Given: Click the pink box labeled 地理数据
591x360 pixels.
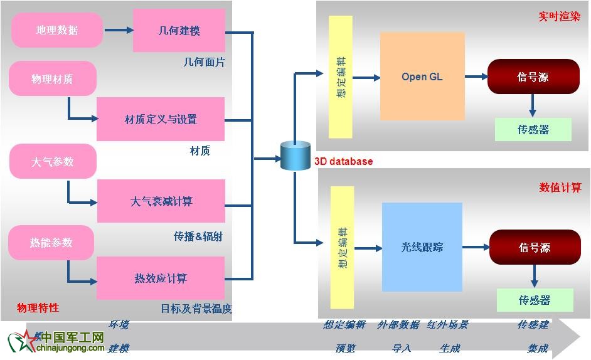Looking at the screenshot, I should coord(57,30).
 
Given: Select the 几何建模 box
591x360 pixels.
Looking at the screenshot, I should coord(179,30).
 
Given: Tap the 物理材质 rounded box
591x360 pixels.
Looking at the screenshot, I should coord(53,79).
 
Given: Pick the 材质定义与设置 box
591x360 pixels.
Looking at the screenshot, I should coord(161,119).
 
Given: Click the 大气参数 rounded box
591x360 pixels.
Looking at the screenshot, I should coord(53,161).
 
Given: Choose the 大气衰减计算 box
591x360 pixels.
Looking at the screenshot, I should coord(161,201).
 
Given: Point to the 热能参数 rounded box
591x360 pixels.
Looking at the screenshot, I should coord(51,243).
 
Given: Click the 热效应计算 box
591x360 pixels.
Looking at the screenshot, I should coord(161,278).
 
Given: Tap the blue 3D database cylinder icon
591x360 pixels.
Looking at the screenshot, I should coord(295,156).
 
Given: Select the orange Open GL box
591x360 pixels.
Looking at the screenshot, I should coord(422,77).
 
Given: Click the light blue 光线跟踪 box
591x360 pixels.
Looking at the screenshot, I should coord(422,247).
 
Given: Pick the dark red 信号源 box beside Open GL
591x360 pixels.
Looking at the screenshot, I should coord(533,77).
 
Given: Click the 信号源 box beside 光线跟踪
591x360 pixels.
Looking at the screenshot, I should coord(535,248).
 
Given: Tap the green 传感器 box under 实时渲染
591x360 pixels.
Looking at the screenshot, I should coord(533,130).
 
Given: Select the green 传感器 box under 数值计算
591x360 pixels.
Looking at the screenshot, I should coord(535,300).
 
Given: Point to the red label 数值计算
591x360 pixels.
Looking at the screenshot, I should coord(560,188).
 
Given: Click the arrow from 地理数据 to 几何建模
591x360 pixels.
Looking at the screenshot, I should coord(119,29).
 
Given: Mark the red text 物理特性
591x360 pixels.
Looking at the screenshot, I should coord(38,308).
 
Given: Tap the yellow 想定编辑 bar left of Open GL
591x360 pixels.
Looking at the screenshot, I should coord(341,77).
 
